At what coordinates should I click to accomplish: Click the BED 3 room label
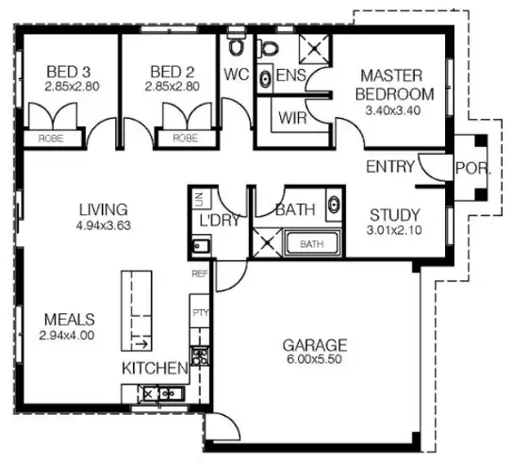[70, 72]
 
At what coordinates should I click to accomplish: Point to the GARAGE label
[315, 345]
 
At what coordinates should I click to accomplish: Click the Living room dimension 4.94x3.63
[104, 225]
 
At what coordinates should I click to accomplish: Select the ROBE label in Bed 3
[50, 138]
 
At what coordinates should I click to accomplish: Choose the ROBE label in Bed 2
[184, 138]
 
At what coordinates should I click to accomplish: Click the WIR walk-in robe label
[290, 119]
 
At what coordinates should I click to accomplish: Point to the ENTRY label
[390, 168]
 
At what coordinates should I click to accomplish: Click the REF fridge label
[198, 274]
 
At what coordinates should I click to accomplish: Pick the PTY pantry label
[198, 310]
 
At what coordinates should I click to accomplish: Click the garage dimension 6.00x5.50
[315, 359]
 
